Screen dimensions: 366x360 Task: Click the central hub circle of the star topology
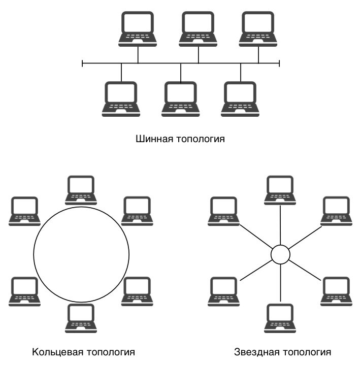coord(280,254)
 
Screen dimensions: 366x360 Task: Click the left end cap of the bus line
coord(82,63)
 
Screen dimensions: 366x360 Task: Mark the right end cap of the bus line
coord(279,63)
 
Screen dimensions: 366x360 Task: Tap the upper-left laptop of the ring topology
coord(24,211)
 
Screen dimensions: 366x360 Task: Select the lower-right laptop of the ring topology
coord(137,291)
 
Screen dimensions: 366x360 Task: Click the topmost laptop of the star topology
coord(280,190)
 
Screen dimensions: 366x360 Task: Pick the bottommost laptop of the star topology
coord(280,318)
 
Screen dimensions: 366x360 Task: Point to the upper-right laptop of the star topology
coord(336,211)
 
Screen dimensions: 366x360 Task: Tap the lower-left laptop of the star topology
coord(223,291)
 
